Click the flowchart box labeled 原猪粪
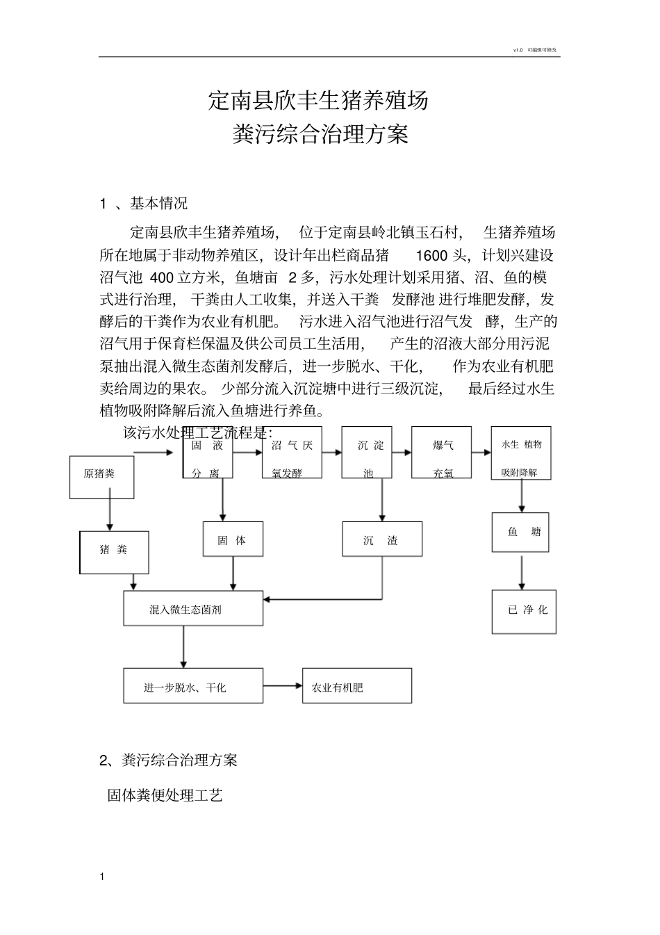(101, 477)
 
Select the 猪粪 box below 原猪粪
(114, 552)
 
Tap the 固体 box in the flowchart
(233, 539)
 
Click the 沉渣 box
(381, 539)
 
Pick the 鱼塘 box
(520, 532)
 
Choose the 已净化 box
(524, 611)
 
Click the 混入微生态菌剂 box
(193, 608)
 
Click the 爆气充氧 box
(442, 453)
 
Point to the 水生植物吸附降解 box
(520, 453)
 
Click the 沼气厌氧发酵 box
(292, 453)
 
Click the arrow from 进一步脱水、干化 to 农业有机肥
(283, 686)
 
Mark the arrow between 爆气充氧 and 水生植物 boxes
(481, 453)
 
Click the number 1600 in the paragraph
(431, 254)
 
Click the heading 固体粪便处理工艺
(165, 795)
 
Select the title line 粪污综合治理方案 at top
(320, 133)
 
